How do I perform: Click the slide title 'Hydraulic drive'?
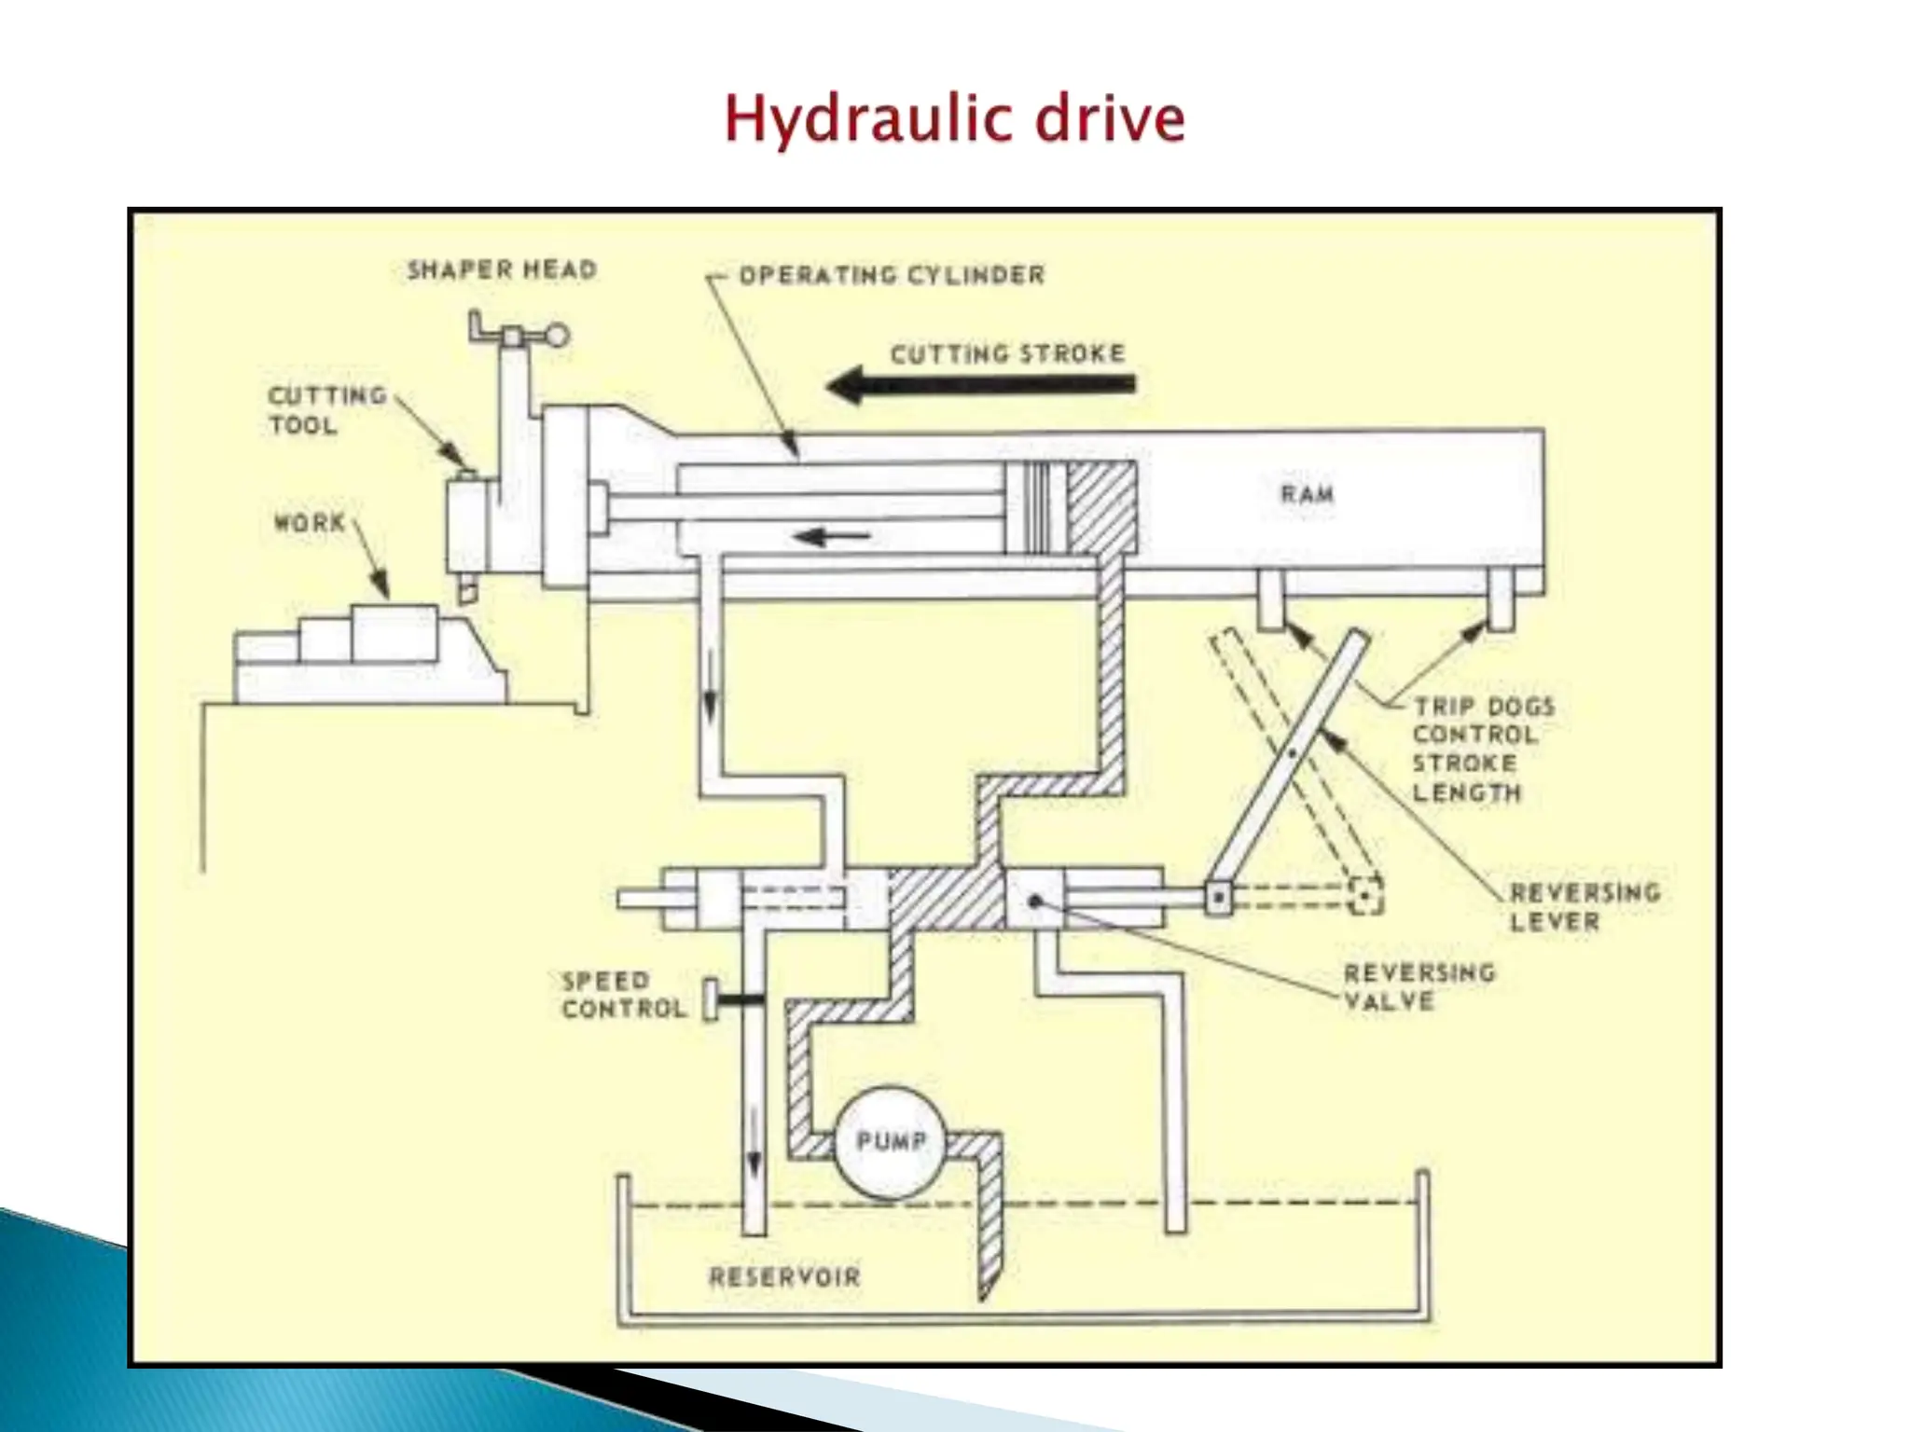pos(954,119)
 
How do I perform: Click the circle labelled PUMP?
pos(890,1141)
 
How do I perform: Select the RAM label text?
pos(1307,493)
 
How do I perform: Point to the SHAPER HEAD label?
pos(502,270)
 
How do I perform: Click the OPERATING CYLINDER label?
pos(892,275)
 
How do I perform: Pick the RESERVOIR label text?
pos(784,1276)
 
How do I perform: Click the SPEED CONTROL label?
pos(623,995)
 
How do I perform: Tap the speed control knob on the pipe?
pos(712,999)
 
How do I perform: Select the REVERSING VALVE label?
pos(1419,986)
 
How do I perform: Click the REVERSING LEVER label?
pos(1585,907)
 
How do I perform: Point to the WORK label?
pos(310,522)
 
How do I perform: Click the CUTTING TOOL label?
pos(326,410)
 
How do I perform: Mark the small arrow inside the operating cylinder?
pos(832,536)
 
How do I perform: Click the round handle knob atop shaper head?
pos(557,336)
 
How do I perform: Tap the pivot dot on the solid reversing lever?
pos(1292,751)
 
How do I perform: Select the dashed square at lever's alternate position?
pos(1365,896)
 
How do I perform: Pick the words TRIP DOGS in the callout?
pos(1484,707)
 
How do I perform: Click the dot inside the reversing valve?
pos(1034,901)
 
